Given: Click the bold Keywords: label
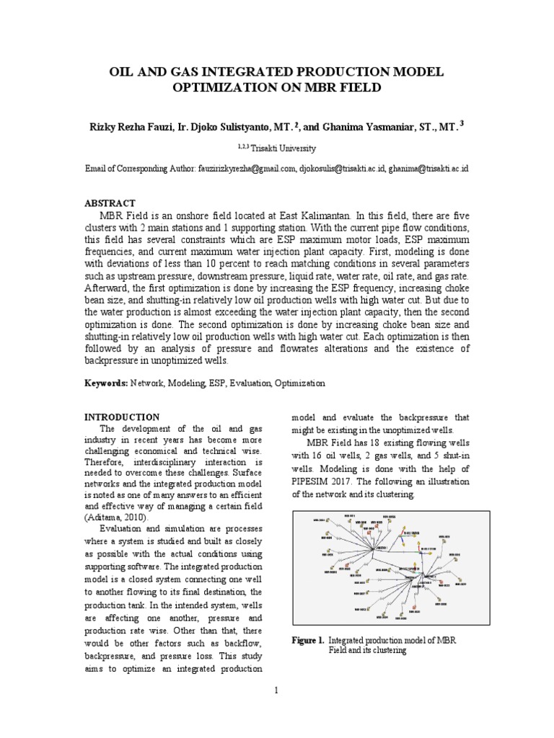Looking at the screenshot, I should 107,383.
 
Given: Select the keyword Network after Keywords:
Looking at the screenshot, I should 148,383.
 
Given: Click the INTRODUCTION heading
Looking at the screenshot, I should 122,417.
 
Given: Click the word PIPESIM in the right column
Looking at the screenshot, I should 314,481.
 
